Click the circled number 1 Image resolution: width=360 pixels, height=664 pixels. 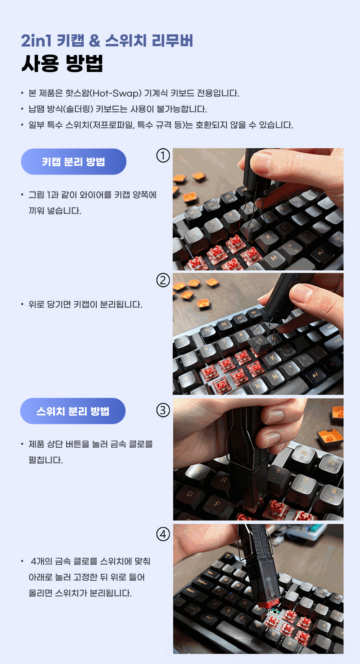[163, 156]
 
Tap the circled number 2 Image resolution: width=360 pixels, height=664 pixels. [163, 280]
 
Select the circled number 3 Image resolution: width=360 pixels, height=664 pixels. [163, 410]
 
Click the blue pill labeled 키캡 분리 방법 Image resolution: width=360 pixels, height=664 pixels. [74, 162]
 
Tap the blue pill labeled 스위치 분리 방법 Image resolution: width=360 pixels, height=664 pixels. [73, 411]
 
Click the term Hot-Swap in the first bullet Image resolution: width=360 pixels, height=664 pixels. [116, 93]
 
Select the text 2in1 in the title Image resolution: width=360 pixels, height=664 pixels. [36, 41]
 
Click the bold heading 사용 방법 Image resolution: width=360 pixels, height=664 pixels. [62, 63]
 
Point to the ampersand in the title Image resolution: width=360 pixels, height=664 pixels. [95, 41]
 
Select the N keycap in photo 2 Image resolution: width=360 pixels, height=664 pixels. [257, 386]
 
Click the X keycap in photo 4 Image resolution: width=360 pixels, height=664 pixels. [229, 610]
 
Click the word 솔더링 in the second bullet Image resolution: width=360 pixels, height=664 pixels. [79, 109]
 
